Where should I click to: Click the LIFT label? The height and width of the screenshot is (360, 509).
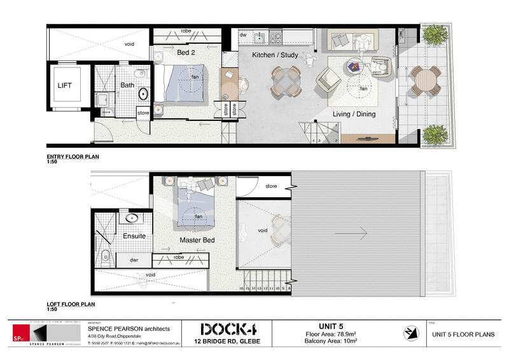[64, 85]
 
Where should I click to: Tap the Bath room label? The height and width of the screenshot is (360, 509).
[127, 85]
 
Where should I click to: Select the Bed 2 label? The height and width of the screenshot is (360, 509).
[186, 52]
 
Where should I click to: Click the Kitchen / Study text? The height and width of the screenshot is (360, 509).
[275, 55]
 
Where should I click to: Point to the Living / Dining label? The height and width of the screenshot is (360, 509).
[354, 114]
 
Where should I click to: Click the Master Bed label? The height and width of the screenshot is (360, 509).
[197, 240]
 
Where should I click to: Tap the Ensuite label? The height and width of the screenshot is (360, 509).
[134, 236]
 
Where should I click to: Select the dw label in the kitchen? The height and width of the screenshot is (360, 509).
[243, 35]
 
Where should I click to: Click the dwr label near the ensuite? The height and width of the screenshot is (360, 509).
[134, 260]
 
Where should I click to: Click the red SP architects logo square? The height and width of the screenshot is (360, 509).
[21, 335]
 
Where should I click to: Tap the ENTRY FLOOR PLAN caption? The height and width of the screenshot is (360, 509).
[73, 156]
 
